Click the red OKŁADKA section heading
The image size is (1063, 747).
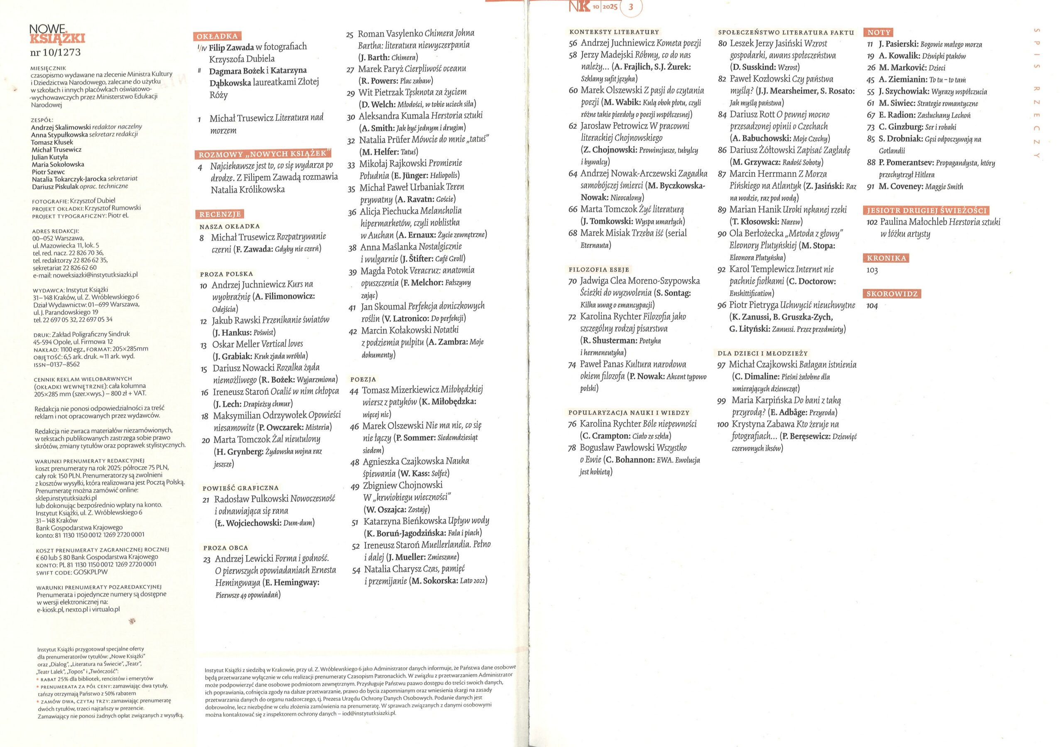(217, 36)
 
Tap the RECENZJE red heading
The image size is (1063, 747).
(220, 214)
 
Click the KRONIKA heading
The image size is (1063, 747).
(886, 258)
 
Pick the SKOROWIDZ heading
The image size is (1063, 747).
(892, 294)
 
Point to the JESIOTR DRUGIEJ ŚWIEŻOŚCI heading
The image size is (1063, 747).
(927, 210)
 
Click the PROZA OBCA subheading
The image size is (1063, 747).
(226, 547)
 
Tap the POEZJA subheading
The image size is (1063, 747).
(363, 379)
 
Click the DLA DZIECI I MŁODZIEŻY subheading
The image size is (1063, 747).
(762, 353)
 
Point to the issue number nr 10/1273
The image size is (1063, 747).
(56, 52)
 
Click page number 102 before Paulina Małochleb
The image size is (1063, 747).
(872, 222)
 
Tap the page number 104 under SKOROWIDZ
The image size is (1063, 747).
(872, 306)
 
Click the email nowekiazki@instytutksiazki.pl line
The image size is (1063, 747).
(85, 274)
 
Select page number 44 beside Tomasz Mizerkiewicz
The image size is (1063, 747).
(354, 391)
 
